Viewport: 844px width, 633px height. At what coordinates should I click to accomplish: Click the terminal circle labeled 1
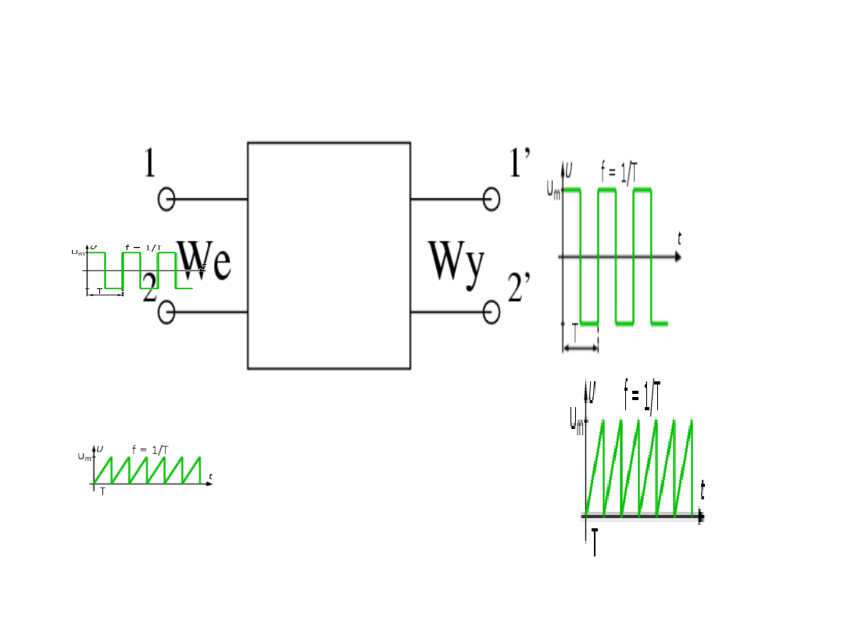coord(166,199)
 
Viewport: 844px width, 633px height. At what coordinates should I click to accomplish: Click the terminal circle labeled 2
coord(166,313)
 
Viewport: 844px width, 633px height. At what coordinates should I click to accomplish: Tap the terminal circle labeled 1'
coord(491,199)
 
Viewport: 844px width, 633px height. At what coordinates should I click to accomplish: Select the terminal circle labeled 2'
coord(491,313)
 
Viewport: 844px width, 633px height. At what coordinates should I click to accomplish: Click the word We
coord(205,261)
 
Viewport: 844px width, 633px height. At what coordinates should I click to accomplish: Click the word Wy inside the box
coord(456,263)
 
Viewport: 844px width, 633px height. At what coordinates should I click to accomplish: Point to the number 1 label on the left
coord(150,164)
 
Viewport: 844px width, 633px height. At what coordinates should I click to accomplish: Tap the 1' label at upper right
coord(520,163)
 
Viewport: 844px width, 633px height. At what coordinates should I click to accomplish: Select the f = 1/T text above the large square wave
coord(617,171)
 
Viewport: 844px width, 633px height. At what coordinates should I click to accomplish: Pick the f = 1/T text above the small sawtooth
coord(150,449)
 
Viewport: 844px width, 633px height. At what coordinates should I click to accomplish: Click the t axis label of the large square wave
coord(680,239)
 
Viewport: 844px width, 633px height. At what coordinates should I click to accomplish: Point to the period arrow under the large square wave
coord(580,348)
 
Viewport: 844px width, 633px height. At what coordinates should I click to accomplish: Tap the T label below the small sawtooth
coord(102,492)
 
